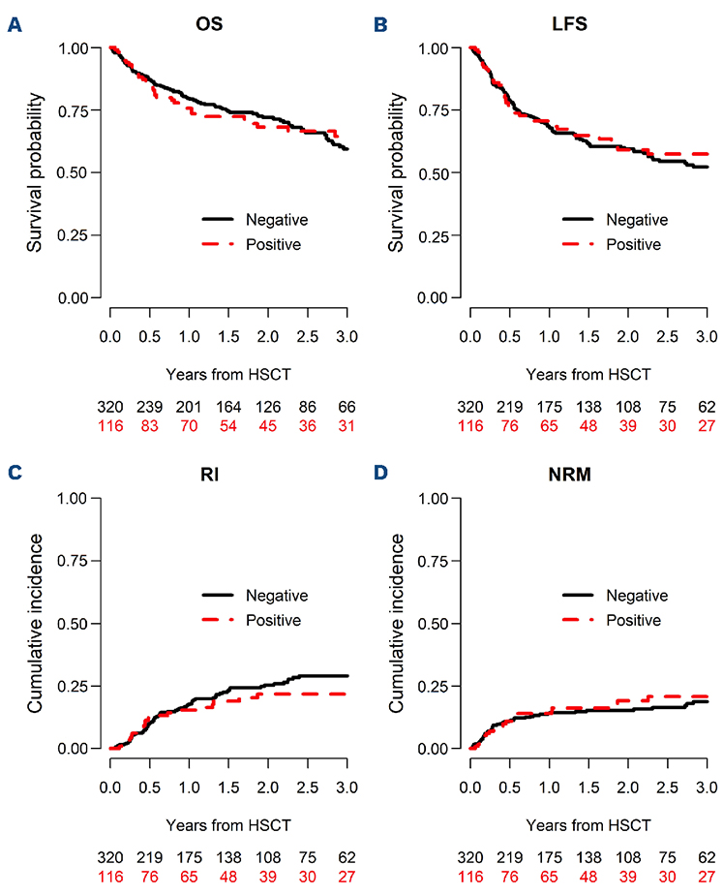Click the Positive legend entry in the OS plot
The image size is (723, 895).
point(274,244)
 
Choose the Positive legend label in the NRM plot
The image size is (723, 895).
point(634,620)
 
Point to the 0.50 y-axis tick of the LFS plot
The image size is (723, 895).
point(441,172)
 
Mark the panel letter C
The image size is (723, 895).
point(15,476)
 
